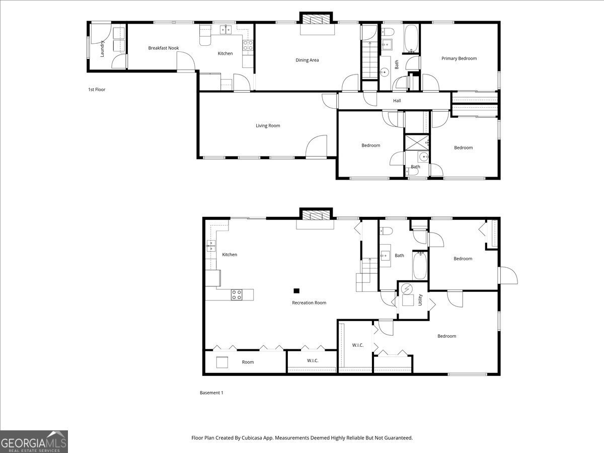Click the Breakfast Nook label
pyautogui.click(x=164, y=48)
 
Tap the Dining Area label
pyautogui.click(x=307, y=60)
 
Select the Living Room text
pyautogui.click(x=268, y=126)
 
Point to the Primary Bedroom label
pyautogui.click(x=459, y=58)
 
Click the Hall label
pyautogui.click(x=397, y=101)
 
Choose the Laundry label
pyautogui.click(x=102, y=49)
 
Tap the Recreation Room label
pyautogui.click(x=309, y=303)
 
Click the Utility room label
pyautogui.click(x=420, y=300)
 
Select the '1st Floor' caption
pyautogui.click(x=97, y=90)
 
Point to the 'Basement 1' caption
pyautogui.click(x=211, y=393)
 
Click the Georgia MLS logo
pyautogui.click(x=34, y=441)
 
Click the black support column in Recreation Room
pyautogui.click(x=296, y=291)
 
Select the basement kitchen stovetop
pyautogui.click(x=237, y=295)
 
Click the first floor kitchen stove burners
pyautogui.click(x=248, y=45)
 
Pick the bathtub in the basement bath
pyautogui.click(x=420, y=265)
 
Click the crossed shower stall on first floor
pyautogui.click(x=417, y=142)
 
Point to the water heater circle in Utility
pyautogui.click(x=407, y=289)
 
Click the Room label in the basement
pyautogui.click(x=248, y=362)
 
